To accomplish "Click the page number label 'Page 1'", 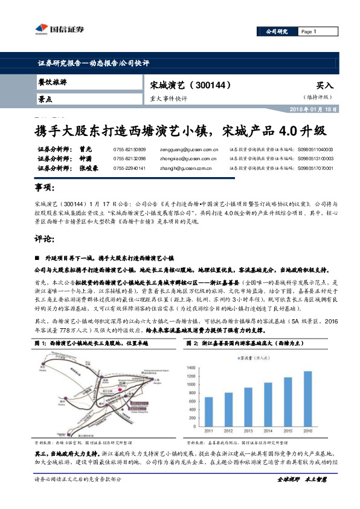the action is tap(308, 32).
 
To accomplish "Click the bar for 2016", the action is tap(307, 397).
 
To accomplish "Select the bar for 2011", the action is tap(208, 410).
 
